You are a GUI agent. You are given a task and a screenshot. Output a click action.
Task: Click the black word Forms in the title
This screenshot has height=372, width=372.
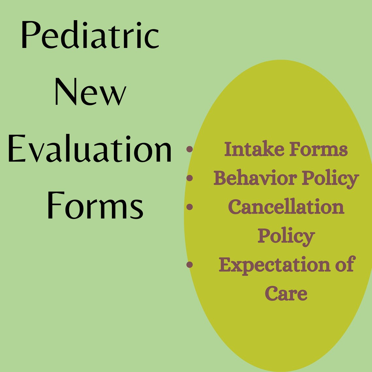95,206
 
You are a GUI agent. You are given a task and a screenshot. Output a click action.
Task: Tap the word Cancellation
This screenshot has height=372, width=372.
286,207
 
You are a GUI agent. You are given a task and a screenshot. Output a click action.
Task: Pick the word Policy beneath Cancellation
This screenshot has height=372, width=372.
286,236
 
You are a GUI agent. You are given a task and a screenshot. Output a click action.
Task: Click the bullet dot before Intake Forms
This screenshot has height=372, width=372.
190,149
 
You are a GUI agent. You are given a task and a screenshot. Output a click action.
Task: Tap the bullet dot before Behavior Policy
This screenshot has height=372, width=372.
190,178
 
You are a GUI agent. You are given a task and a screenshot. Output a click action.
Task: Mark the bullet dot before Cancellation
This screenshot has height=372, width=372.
190,207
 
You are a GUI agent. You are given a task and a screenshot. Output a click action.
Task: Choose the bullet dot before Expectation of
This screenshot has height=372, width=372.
190,264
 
